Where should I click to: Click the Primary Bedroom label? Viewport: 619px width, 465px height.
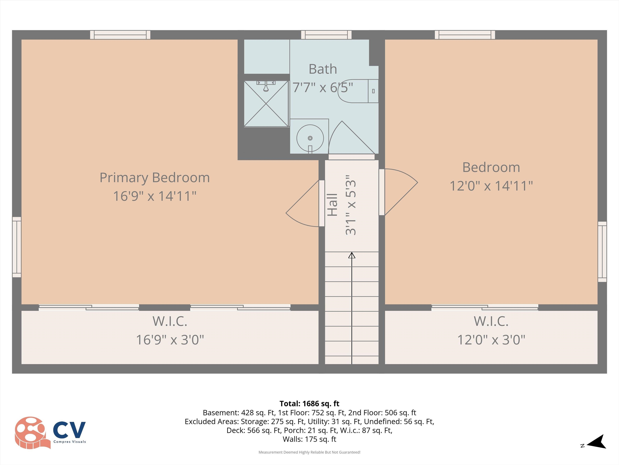click(x=155, y=178)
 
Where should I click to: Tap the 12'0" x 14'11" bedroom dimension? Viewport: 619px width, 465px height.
click(x=491, y=186)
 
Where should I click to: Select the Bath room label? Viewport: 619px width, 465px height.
click(x=323, y=69)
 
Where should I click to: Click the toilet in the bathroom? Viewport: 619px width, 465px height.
click(x=358, y=91)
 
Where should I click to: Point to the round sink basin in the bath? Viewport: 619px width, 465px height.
click(x=310, y=138)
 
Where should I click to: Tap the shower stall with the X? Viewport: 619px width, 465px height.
click(x=266, y=104)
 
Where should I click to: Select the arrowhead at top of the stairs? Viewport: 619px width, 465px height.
click(x=352, y=255)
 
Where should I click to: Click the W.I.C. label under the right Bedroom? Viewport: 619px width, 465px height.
click(x=491, y=322)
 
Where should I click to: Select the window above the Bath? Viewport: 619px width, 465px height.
click(x=326, y=35)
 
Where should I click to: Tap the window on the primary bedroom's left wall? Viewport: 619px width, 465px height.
click(x=17, y=247)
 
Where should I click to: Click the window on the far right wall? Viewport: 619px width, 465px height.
click(x=602, y=251)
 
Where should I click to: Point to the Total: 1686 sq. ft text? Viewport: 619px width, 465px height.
click(x=309, y=404)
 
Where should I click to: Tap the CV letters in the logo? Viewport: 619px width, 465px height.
click(x=69, y=430)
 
